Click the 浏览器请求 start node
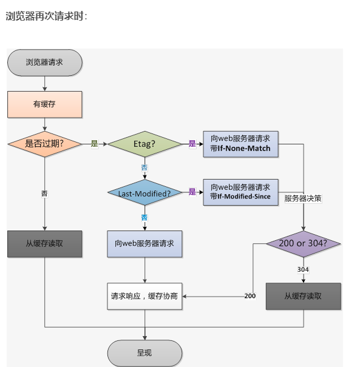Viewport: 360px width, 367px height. point(45,62)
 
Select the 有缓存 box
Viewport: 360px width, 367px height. point(45,104)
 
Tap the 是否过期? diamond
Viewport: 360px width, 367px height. point(45,144)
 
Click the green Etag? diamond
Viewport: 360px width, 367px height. point(144,144)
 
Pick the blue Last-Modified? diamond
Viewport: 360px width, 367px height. point(144,192)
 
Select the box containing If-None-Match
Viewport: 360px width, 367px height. point(240,144)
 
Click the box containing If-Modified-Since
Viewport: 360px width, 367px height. point(240,192)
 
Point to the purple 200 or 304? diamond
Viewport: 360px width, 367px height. point(304,244)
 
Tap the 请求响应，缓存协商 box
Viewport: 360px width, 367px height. point(144,296)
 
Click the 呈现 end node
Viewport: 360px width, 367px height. point(144,353)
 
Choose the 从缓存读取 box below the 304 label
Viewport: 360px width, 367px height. point(304,296)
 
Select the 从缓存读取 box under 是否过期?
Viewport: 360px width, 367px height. point(45,244)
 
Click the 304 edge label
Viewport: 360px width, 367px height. point(303,269)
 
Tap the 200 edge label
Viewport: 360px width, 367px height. point(250,296)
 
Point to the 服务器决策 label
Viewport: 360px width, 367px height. point(303,198)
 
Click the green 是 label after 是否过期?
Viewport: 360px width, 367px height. point(94,144)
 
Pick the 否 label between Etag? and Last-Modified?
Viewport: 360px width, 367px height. point(144,168)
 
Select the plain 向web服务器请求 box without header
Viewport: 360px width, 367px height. point(144,244)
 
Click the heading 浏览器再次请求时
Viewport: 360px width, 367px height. point(46,16)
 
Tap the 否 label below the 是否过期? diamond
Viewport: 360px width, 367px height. point(44,194)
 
